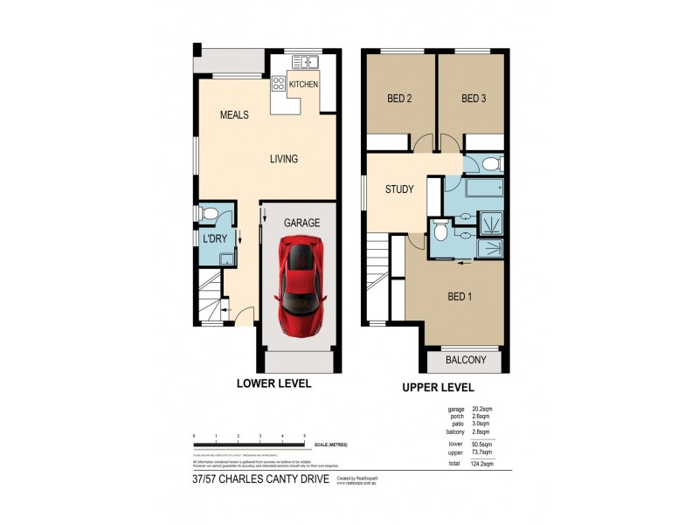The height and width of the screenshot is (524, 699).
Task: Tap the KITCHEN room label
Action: pos(303,85)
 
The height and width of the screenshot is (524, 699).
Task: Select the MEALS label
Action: pos(234,115)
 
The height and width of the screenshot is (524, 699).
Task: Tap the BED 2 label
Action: pos(399,99)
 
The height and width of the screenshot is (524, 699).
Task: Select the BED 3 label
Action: pos(473,99)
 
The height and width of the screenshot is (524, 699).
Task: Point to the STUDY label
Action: pos(399,189)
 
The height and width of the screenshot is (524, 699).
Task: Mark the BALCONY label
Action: pos(464,360)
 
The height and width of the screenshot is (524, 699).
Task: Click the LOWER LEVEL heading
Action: pos(274,383)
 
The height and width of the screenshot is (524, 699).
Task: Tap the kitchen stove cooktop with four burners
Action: pos(279,84)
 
